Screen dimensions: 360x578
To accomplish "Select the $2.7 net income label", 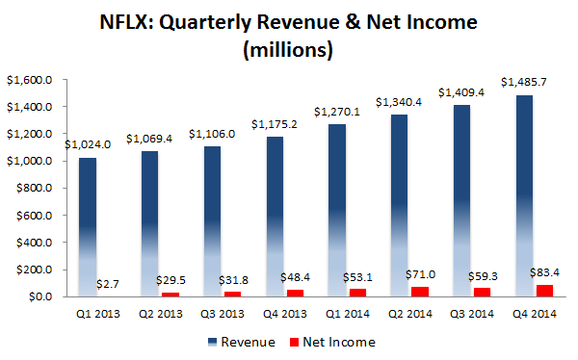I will [x=109, y=283].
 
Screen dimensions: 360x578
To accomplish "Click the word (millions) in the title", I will [x=288, y=49].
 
